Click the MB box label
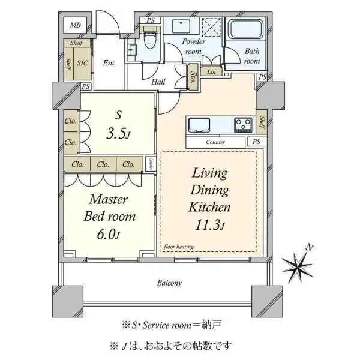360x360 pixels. (x=75, y=25)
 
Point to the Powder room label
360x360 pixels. (x=194, y=47)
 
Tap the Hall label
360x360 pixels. (x=158, y=82)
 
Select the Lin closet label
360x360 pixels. (x=211, y=73)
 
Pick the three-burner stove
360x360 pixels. (x=244, y=125)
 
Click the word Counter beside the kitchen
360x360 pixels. (x=215, y=143)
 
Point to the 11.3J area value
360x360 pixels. (x=209, y=225)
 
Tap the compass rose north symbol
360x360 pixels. (x=300, y=264)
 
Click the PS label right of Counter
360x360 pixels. (x=256, y=142)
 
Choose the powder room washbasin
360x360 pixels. (x=181, y=27)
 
